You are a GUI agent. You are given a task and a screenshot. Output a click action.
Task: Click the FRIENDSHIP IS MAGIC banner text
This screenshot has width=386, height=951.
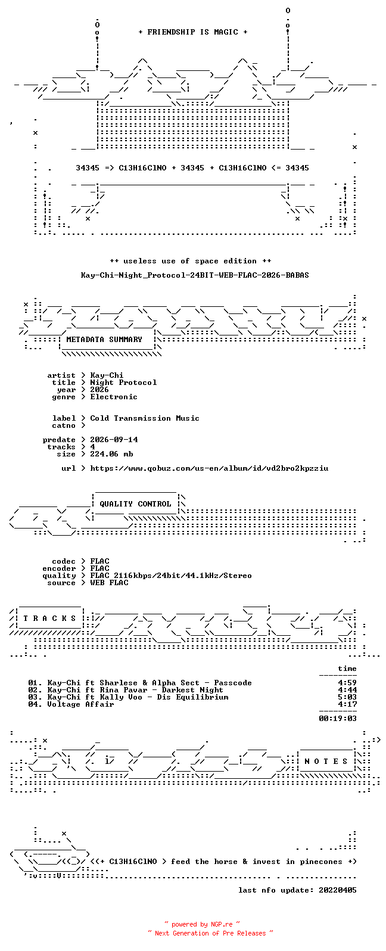click(193, 32)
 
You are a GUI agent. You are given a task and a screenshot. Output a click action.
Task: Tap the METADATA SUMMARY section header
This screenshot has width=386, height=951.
click(104, 340)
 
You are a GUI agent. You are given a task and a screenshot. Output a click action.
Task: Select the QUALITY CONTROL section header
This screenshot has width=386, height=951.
click(135, 504)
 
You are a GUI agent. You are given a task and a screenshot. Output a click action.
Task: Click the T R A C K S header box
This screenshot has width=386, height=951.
click(49, 618)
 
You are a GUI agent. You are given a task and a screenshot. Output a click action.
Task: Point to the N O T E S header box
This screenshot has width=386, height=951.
click(326, 762)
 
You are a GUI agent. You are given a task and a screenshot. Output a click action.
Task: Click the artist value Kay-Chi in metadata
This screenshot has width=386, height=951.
click(107, 375)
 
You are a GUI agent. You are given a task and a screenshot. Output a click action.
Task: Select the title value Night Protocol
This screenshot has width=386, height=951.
click(123, 383)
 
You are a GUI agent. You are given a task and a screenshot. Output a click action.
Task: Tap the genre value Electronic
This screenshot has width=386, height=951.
click(114, 397)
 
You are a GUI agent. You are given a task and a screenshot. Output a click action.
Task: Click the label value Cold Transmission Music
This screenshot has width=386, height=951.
click(144, 418)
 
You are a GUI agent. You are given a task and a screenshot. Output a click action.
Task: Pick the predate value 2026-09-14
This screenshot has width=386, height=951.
click(114, 440)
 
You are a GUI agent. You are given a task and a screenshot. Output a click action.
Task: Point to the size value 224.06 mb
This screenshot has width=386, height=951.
click(111, 454)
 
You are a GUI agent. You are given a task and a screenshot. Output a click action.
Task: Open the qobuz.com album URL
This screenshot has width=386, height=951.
click(209, 468)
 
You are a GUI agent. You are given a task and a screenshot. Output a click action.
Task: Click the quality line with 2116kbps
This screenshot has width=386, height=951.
click(171, 576)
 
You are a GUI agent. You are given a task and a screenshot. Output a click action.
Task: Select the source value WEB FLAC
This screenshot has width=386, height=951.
click(109, 583)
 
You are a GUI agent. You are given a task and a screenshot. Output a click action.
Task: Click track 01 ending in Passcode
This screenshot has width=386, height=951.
click(140, 683)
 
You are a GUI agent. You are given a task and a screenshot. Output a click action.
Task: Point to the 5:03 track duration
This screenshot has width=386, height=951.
click(347, 697)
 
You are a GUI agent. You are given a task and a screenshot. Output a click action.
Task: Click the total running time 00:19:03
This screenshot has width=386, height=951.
click(338, 719)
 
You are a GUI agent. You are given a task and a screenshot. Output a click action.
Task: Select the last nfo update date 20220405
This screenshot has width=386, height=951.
click(338, 890)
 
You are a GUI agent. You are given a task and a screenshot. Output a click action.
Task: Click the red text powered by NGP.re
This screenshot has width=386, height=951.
click(202, 924)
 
